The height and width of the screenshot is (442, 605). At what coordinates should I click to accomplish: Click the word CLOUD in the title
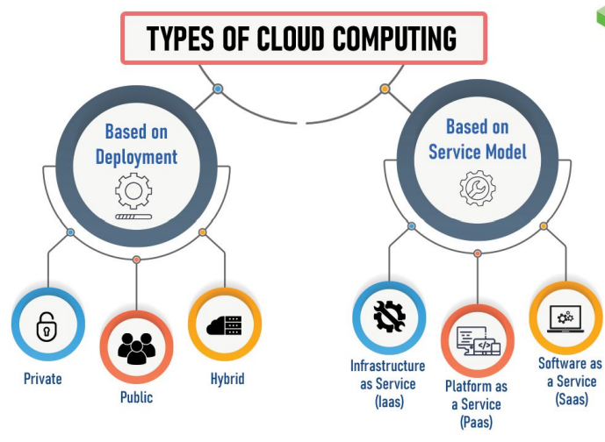tap(299, 38)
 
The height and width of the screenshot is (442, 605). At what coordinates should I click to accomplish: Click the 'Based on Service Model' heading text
tap(478, 139)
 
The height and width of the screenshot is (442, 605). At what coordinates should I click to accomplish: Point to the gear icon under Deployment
tap(133, 190)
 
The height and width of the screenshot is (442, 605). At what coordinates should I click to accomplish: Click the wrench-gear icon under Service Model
tap(477, 186)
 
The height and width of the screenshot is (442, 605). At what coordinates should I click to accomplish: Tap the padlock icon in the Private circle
tap(46, 327)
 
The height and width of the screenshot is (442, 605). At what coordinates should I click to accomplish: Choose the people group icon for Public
tap(136, 346)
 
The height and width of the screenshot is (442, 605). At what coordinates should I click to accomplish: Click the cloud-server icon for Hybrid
tap(224, 325)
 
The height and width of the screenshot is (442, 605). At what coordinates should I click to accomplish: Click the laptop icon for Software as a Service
tap(565, 317)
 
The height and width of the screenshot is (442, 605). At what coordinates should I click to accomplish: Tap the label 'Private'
tap(43, 379)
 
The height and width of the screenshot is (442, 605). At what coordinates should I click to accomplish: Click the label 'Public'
tap(136, 397)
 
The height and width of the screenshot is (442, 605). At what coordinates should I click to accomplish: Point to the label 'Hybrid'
tap(227, 379)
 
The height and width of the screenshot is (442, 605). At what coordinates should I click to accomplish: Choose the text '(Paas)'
tap(476, 422)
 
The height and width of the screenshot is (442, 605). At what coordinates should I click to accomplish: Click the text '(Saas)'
tap(571, 399)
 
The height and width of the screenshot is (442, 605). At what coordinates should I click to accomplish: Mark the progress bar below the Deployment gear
tap(133, 216)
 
